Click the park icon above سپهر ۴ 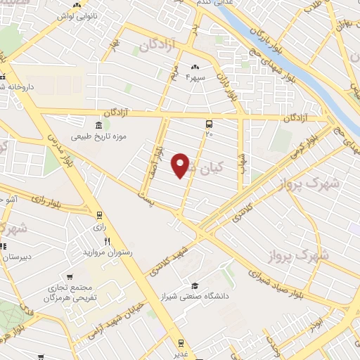click(194, 67)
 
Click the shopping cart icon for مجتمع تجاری click(70, 277)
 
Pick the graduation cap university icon click(195, 285)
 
